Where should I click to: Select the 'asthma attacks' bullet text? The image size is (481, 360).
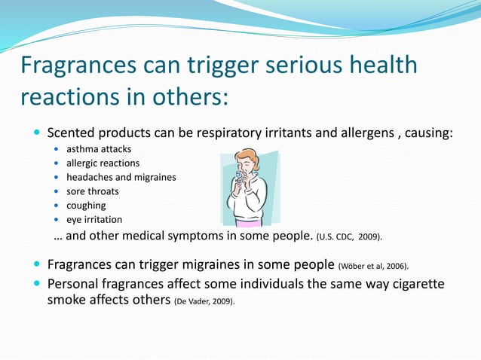tap(98, 149)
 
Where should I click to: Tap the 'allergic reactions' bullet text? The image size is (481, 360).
tap(103, 163)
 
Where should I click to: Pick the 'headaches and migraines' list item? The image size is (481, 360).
tap(121, 177)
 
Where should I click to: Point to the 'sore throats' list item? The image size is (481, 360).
tap(92, 191)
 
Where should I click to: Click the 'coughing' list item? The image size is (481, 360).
tap(86, 206)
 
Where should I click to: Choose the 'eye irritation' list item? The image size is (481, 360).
tap(93, 220)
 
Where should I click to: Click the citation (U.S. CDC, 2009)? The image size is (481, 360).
tap(349, 236)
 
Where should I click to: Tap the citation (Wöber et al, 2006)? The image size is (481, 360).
tap(374, 266)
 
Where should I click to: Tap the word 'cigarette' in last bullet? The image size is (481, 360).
tap(415, 284)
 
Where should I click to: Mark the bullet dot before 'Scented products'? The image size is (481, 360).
tap(37, 133)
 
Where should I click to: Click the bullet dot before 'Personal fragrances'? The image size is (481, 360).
tap(37, 284)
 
